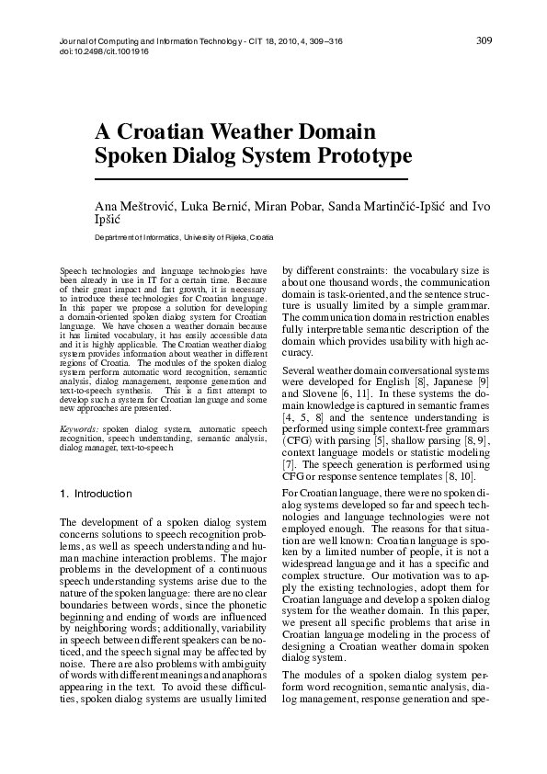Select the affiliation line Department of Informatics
[184, 237]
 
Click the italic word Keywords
[78, 429]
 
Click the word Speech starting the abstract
[74, 272]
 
